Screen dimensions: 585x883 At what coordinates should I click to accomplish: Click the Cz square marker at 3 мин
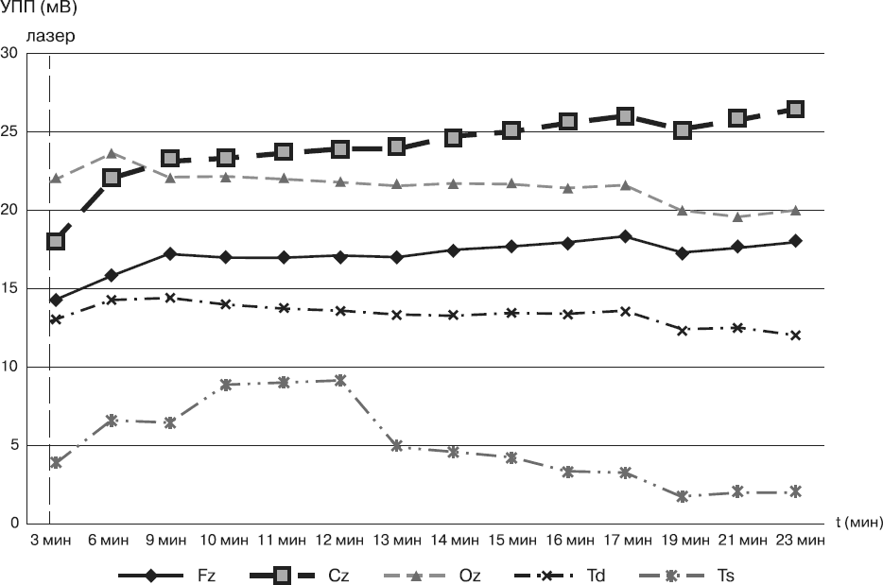click(x=56, y=241)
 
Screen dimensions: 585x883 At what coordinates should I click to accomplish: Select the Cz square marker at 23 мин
click(x=795, y=109)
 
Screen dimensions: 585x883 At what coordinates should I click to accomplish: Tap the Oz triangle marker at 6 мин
click(x=112, y=153)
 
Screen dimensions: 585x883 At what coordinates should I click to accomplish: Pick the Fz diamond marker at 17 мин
click(x=625, y=236)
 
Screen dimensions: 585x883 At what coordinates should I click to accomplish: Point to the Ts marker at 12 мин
click(x=340, y=380)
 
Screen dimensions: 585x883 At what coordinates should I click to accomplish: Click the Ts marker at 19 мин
click(x=682, y=496)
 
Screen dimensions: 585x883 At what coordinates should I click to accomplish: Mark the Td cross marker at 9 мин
click(x=170, y=298)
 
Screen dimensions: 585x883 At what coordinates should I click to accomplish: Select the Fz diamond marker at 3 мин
click(x=56, y=300)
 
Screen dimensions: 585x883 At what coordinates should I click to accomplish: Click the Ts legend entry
click(x=701, y=575)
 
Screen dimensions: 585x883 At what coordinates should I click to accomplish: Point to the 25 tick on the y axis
click(x=11, y=131)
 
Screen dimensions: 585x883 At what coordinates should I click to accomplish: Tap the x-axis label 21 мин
click(x=740, y=542)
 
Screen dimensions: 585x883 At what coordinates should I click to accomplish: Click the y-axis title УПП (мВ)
click(x=38, y=9)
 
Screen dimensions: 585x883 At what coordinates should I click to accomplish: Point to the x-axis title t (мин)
click(x=857, y=521)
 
